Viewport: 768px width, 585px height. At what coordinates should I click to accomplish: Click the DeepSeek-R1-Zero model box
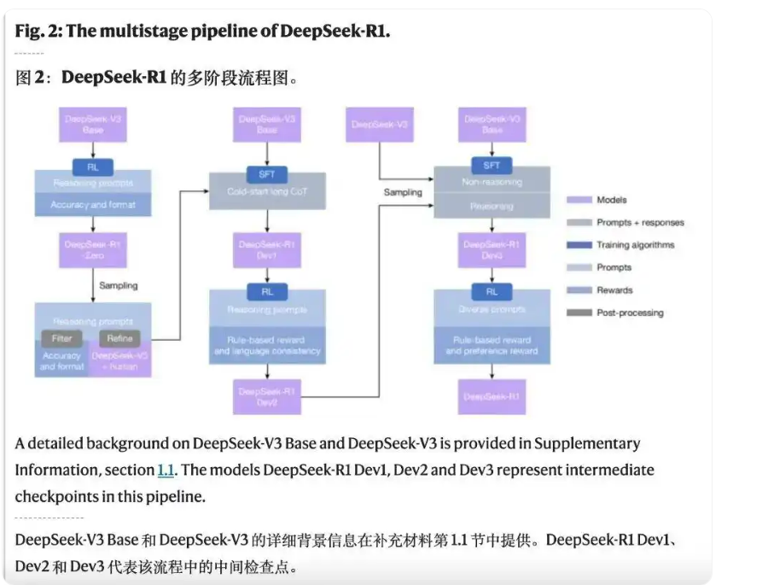[x=92, y=249]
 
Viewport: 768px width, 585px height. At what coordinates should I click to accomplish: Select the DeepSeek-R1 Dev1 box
[x=267, y=249]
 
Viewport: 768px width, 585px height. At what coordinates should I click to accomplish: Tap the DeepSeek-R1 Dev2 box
[x=267, y=396]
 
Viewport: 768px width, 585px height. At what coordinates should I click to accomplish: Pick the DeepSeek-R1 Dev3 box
[x=492, y=249]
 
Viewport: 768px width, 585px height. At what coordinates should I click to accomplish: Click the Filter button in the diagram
[x=61, y=338]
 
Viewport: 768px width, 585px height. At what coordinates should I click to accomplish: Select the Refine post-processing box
[x=119, y=338]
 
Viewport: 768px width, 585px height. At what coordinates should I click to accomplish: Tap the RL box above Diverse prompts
[x=492, y=291]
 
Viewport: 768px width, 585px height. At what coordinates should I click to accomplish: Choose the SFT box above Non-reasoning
[x=492, y=165]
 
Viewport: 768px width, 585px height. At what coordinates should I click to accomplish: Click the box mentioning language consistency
[x=267, y=345]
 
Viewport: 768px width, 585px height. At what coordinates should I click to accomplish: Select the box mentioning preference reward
[x=492, y=345]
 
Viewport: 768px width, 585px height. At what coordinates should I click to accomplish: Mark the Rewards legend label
[x=614, y=290]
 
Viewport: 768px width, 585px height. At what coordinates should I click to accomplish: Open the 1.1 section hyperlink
[x=165, y=470]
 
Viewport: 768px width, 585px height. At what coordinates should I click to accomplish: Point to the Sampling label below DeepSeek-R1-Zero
[x=118, y=285]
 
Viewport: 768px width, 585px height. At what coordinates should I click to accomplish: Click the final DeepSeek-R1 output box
[x=492, y=396]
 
